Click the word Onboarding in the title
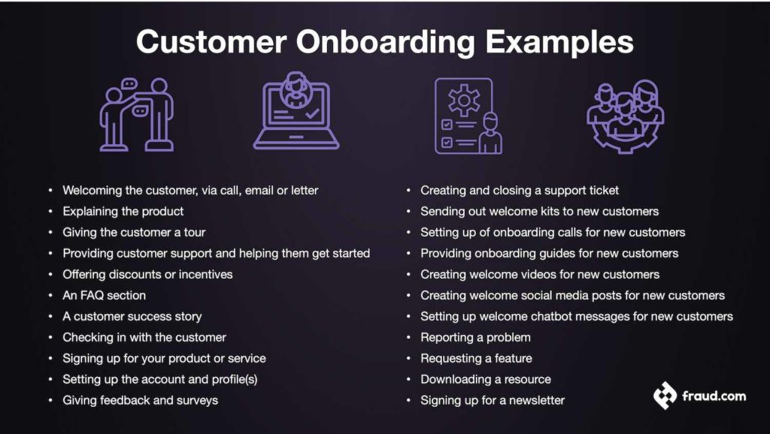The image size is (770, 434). click(385, 42)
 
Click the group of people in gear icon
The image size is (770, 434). click(625, 115)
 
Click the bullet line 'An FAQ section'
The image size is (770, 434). click(104, 295)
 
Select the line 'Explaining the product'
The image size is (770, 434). click(123, 211)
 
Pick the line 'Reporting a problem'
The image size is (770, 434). click(475, 337)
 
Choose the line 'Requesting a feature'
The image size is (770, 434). click(476, 358)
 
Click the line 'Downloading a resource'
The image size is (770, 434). click(485, 379)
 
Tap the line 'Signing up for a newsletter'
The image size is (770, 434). click(492, 400)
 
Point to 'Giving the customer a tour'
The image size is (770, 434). click(134, 232)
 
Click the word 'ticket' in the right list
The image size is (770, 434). click(602, 190)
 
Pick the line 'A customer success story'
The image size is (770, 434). click(132, 316)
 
